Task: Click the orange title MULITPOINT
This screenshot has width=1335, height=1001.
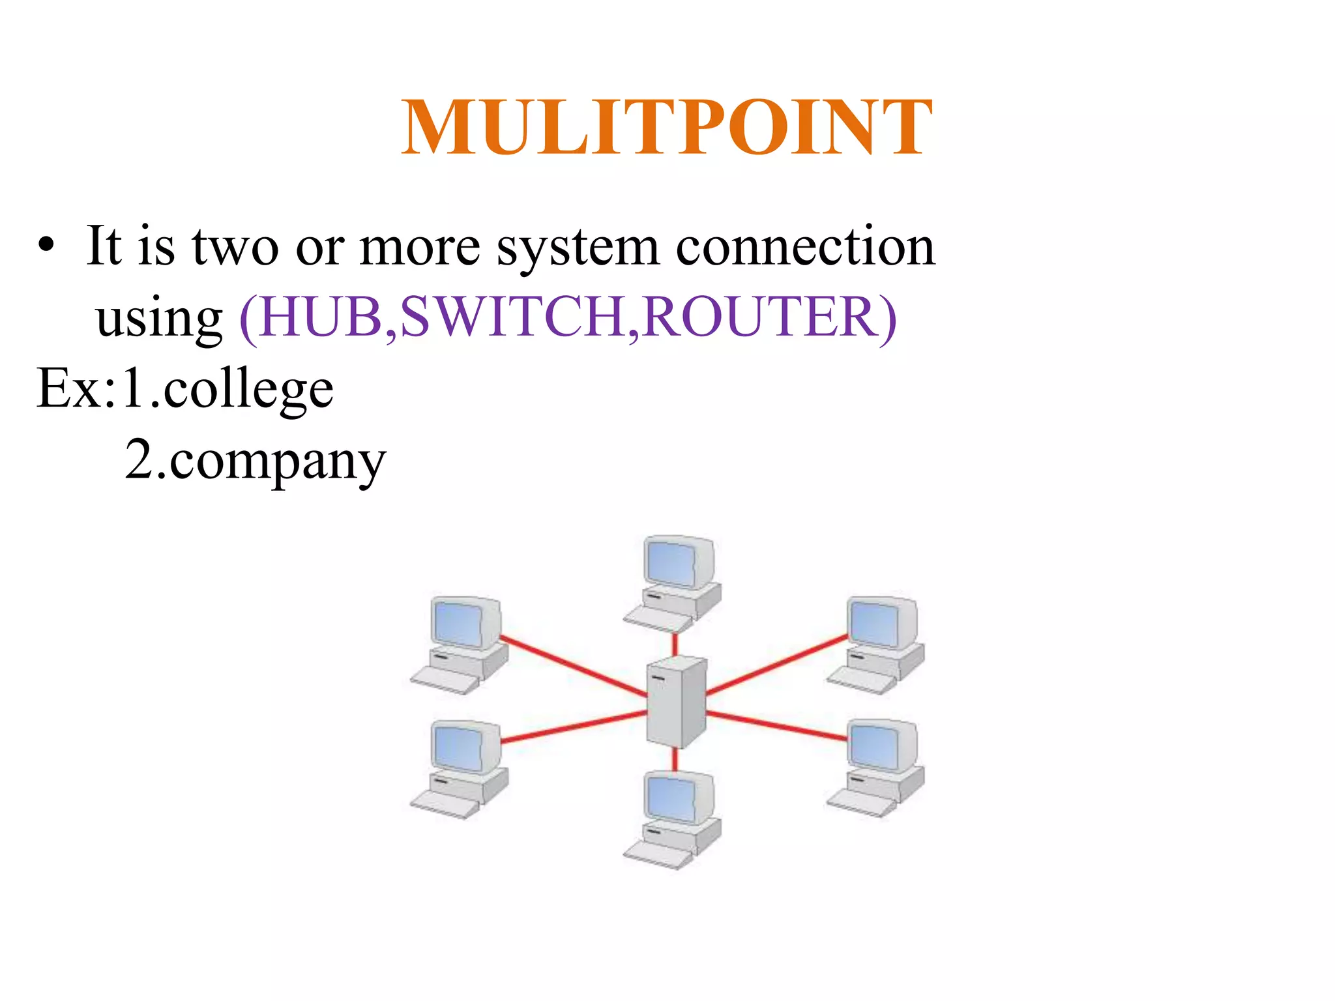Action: click(666, 128)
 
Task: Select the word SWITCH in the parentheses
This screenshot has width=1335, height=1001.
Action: click(512, 317)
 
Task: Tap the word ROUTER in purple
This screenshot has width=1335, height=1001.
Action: click(759, 317)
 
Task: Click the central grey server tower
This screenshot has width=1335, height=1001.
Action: click(676, 702)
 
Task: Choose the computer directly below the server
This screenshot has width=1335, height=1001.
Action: click(675, 818)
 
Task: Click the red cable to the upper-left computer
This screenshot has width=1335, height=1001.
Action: click(574, 666)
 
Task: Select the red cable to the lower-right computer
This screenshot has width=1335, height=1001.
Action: click(776, 727)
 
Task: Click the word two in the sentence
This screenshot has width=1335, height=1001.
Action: click(235, 248)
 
